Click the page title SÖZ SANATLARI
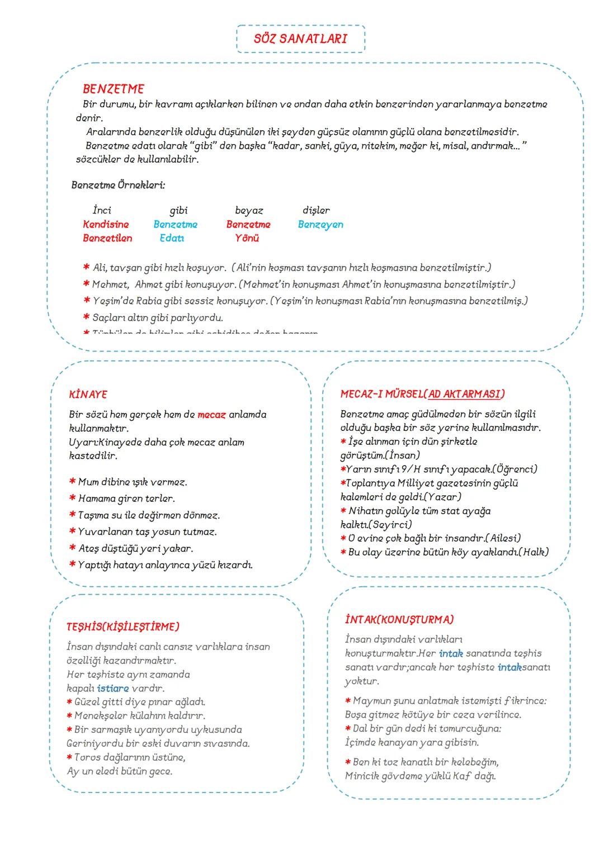pos(300,39)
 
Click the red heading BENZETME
pos(114,89)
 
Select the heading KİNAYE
pos(88,395)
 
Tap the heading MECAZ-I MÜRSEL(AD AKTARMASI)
pos(422,394)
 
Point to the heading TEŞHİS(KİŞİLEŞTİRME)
pos(123,627)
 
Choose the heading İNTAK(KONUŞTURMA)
pos(399,619)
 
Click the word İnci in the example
pos(102,211)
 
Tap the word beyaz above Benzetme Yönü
pos(249,211)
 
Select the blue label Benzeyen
pos(320,225)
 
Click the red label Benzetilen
pos(107,238)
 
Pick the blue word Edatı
pos(172,238)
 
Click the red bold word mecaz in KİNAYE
pos(211,415)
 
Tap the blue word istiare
pos(113,689)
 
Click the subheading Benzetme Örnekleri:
pos(118,185)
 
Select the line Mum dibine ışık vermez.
pos(133,482)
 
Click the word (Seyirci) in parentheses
pos(376,524)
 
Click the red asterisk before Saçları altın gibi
pos(87,318)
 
